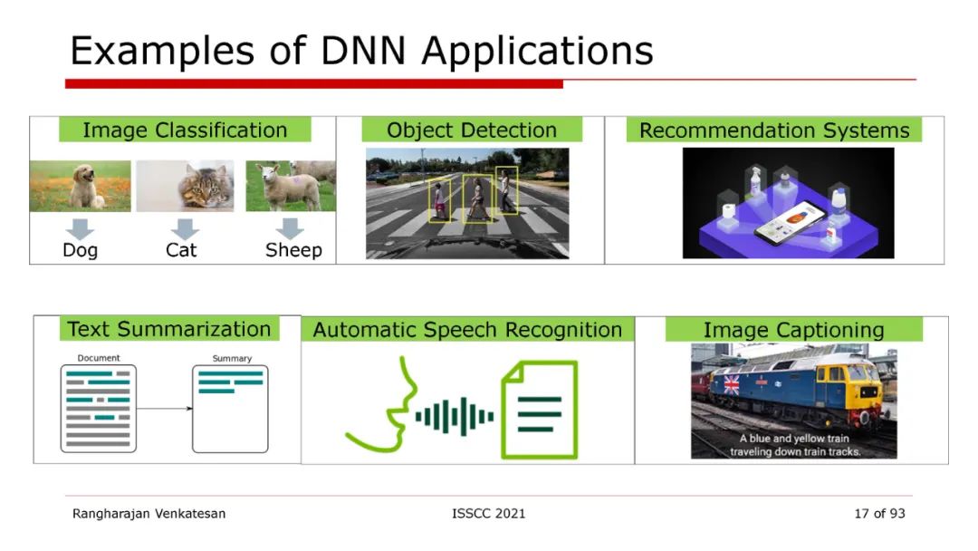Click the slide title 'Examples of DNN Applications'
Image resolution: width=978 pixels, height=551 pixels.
pyautogui.click(x=361, y=52)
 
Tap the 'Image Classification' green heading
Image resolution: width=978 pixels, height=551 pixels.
pyautogui.click(x=185, y=130)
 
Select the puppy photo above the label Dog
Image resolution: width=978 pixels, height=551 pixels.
pyautogui.click(x=80, y=187)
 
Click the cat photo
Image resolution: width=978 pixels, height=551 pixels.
pyautogui.click(x=185, y=187)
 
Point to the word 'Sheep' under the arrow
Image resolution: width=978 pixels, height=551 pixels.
pyautogui.click(x=293, y=250)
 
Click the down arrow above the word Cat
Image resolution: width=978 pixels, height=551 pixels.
pyautogui.click(x=185, y=228)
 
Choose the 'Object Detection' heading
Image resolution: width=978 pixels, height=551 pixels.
pyautogui.click(x=471, y=130)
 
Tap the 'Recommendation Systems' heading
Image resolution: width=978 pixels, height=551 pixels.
pyautogui.click(x=774, y=130)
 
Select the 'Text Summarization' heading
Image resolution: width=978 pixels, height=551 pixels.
pyautogui.click(x=169, y=329)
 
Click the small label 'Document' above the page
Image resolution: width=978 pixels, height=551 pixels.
pyautogui.click(x=99, y=358)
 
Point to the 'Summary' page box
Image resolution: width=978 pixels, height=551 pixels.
pyautogui.click(x=230, y=409)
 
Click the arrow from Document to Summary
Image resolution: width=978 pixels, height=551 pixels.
pyautogui.click(x=164, y=409)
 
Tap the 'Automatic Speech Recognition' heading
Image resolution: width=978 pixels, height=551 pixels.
pyautogui.click(x=467, y=330)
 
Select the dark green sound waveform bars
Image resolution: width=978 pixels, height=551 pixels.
pyautogui.click(x=455, y=416)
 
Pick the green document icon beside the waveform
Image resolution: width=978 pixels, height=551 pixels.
pyautogui.click(x=540, y=409)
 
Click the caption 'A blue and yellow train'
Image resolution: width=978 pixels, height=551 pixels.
pyautogui.click(x=794, y=439)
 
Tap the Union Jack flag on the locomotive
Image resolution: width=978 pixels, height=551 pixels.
pyautogui.click(x=726, y=384)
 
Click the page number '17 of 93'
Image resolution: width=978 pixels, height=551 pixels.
pyautogui.click(x=878, y=514)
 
